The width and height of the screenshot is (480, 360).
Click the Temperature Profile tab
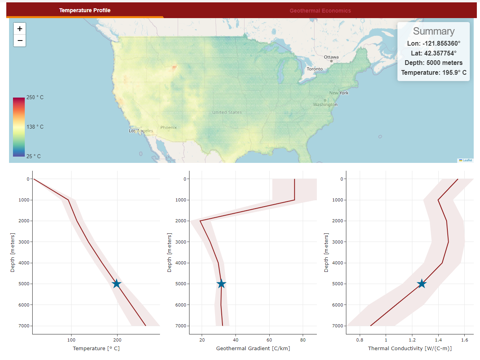(85, 10)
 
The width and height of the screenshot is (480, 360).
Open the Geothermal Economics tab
(320, 11)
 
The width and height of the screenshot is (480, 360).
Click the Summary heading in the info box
(434, 31)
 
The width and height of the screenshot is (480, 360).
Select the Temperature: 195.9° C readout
(434, 72)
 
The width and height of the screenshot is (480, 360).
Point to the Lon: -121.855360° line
(434, 43)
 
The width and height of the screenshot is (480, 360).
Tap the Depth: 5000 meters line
(434, 63)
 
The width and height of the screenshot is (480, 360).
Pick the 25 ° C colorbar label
(33, 156)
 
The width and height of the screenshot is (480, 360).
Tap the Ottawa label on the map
(331, 57)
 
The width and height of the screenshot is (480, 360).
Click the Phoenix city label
(169, 127)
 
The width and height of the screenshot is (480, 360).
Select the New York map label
(339, 93)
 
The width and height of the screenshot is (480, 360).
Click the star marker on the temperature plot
(116, 284)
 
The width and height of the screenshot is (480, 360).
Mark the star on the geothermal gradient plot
(221, 284)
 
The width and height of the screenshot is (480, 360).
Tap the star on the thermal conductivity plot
(421, 284)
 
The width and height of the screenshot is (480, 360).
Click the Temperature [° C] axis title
(96, 349)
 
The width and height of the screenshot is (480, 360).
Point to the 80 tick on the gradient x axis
(303, 339)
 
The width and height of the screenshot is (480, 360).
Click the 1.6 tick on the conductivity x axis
(465, 339)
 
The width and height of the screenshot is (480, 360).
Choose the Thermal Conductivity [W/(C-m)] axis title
(410, 349)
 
